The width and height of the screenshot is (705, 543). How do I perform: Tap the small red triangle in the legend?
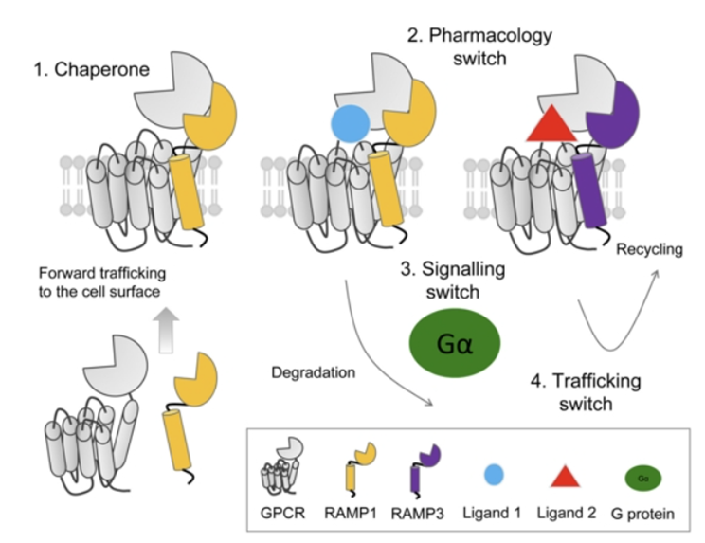click(x=566, y=475)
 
